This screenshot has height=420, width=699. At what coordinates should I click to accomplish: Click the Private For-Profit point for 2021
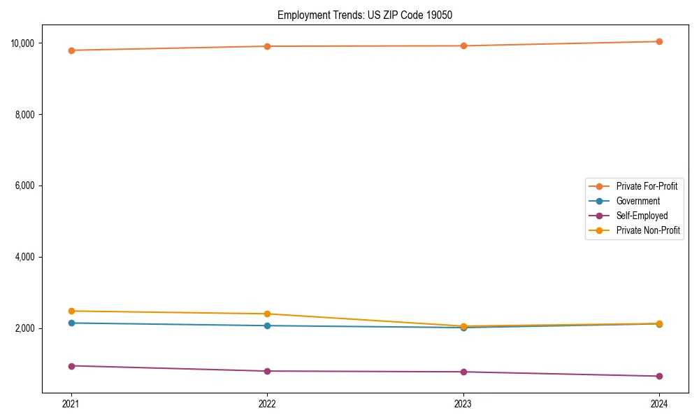(x=71, y=50)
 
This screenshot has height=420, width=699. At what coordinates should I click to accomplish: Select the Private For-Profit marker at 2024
(x=659, y=41)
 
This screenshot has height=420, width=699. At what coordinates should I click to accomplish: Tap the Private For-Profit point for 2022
(x=267, y=46)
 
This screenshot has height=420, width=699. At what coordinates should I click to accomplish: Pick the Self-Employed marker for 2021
(x=71, y=366)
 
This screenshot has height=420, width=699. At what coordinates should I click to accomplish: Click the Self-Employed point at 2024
(x=659, y=376)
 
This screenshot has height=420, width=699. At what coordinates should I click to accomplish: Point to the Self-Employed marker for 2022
(x=267, y=371)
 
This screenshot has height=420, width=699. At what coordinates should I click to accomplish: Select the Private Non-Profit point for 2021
(x=71, y=311)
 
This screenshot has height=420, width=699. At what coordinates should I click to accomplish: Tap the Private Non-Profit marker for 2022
(x=267, y=314)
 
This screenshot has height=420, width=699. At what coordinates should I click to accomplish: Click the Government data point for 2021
(x=71, y=323)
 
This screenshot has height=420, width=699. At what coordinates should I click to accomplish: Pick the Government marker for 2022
(x=267, y=325)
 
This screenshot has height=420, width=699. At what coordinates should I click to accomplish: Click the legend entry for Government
(x=637, y=201)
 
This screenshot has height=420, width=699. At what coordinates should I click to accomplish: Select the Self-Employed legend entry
(x=642, y=216)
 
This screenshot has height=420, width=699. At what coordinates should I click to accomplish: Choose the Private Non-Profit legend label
(x=648, y=230)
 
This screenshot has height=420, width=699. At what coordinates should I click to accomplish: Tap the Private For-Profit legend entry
(x=647, y=186)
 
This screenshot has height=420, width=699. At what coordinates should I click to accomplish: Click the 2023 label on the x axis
(x=463, y=404)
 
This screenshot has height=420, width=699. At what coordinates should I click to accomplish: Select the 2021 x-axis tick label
(x=71, y=404)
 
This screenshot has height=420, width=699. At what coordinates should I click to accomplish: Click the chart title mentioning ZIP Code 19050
(x=365, y=15)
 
